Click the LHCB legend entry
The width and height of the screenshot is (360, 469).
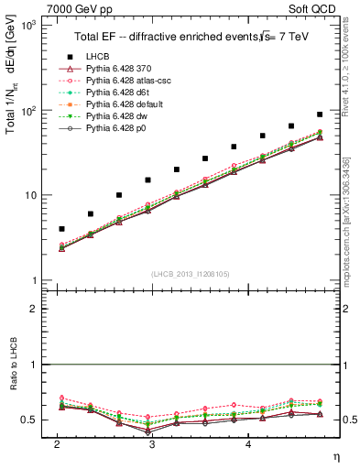93,57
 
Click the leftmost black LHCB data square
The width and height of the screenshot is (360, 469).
61,229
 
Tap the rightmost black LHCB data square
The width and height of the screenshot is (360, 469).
319,115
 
